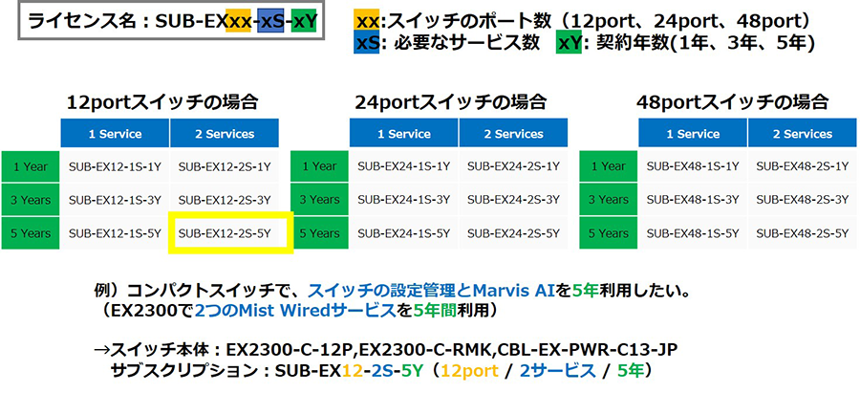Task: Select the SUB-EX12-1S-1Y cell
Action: point(115,166)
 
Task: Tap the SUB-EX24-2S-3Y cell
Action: point(513,200)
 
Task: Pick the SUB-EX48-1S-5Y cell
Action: point(693,233)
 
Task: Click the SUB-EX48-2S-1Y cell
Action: point(803,166)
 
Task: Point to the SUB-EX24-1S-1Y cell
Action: point(403,166)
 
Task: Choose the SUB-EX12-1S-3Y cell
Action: point(115,200)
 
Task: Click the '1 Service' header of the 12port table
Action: point(116,134)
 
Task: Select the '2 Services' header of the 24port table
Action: point(513,134)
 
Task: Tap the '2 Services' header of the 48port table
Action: point(803,134)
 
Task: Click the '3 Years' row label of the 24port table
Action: point(320,200)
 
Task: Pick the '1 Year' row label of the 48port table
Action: point(609,166)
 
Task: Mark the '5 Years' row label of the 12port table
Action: point(31,233)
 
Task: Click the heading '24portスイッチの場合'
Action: point(450,102)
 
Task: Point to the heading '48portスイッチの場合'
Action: point(732,102)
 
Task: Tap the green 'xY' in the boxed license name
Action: point(305,22)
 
